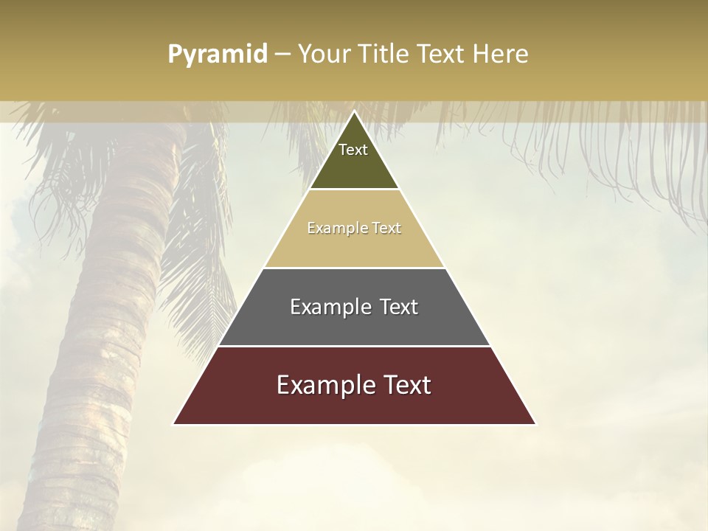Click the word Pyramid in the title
coord(218,55)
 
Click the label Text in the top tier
coord(353,150)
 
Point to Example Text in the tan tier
coord(354,228)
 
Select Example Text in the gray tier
coord(354,307)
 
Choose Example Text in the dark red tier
coord(354,385)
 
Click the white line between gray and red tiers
coord(354,346)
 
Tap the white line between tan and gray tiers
coord(354,268)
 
